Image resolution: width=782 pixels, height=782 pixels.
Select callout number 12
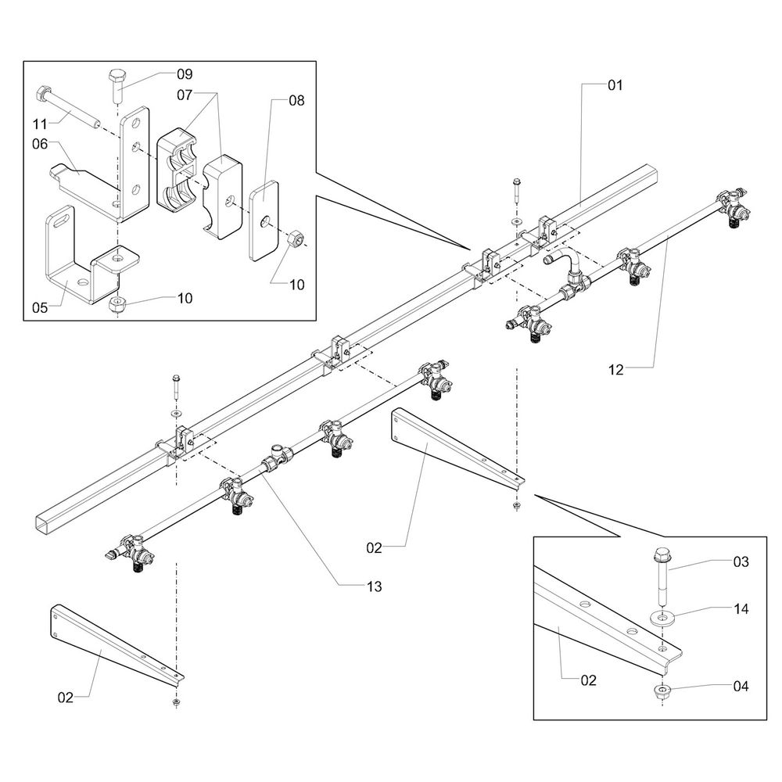[x=617, y=370]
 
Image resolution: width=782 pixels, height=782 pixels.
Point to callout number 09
[x=184, y=74]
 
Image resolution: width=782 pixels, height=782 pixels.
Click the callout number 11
[x=41, y=123]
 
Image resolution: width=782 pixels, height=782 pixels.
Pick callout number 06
[x=41, y=143]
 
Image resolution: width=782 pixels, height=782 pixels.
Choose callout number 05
[x=41, y=307]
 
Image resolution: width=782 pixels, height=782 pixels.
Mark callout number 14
[x=741, y=608]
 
